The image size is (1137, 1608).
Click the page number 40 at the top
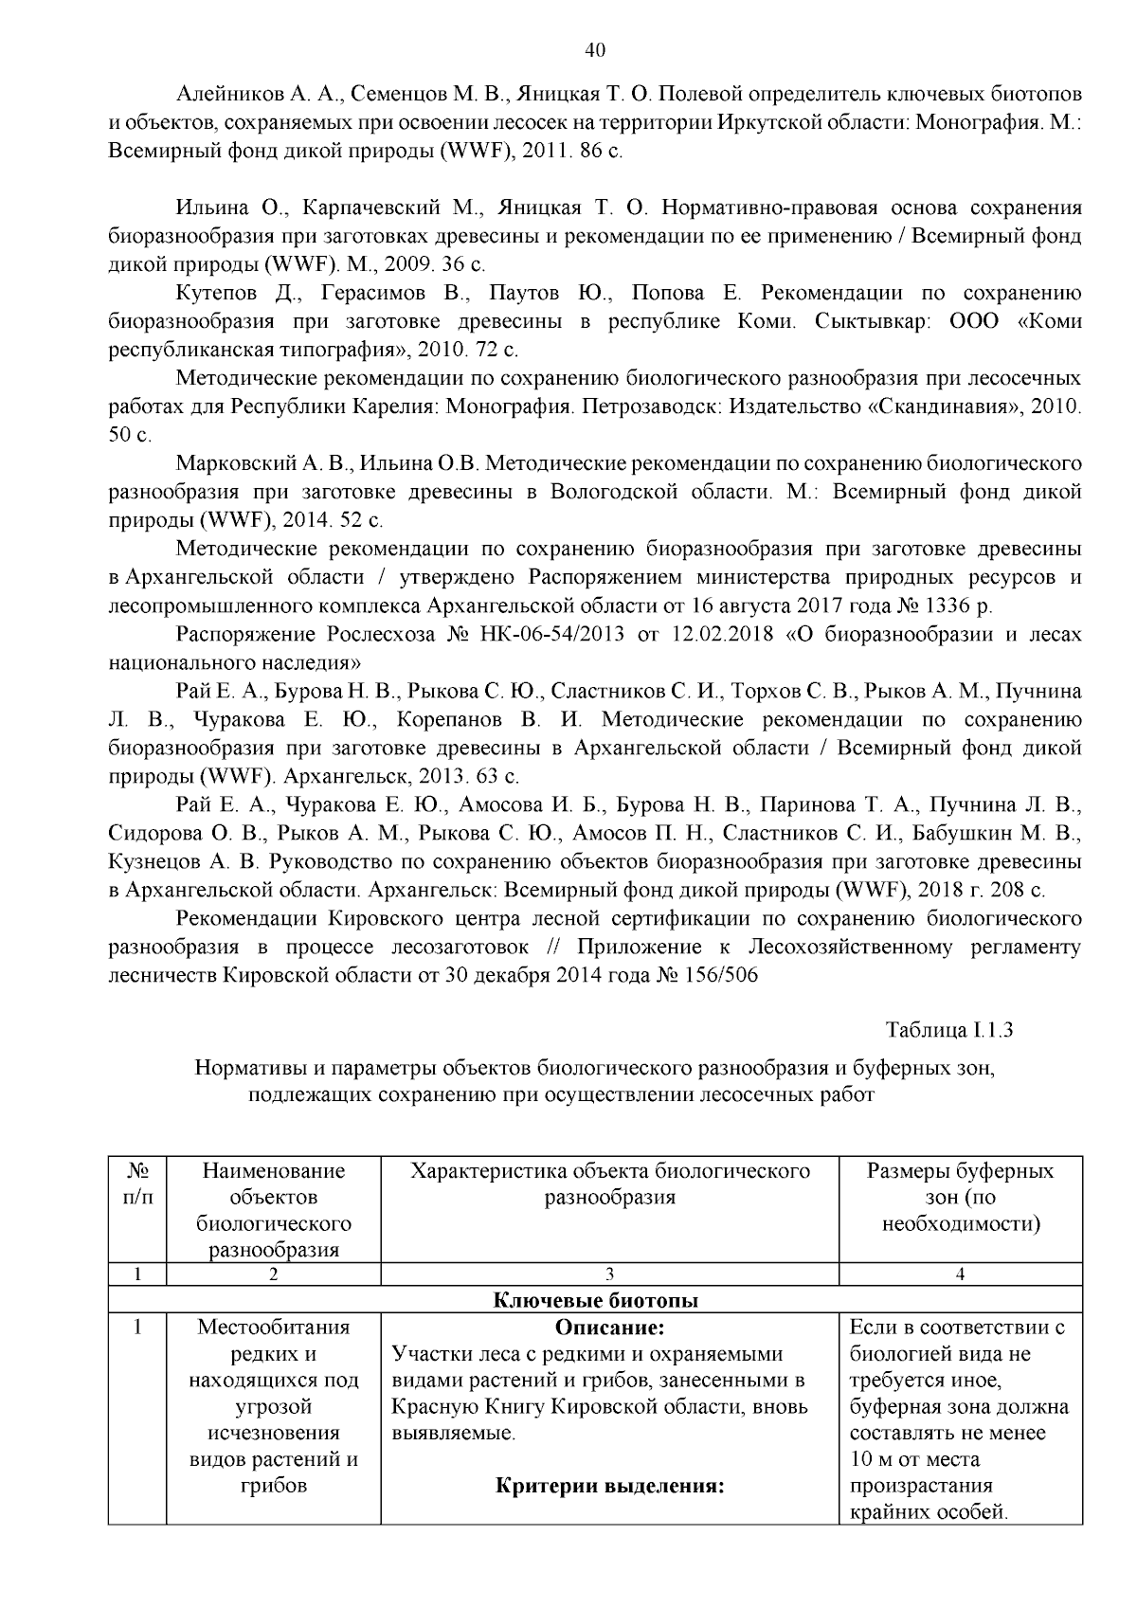pyautogui.click(x=596, y=51)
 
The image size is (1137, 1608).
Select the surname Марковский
pyautogui.click(x=236, y=464)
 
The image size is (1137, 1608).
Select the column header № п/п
pyautogui.click(x=137, y=1183)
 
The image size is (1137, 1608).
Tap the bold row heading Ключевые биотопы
pyautogui.click(x=596, y=1300)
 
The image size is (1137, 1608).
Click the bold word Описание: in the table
pyautogui.click(x=609, y=1328)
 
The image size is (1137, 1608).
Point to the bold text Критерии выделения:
pyautogui.click(x=609, y=1486)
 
